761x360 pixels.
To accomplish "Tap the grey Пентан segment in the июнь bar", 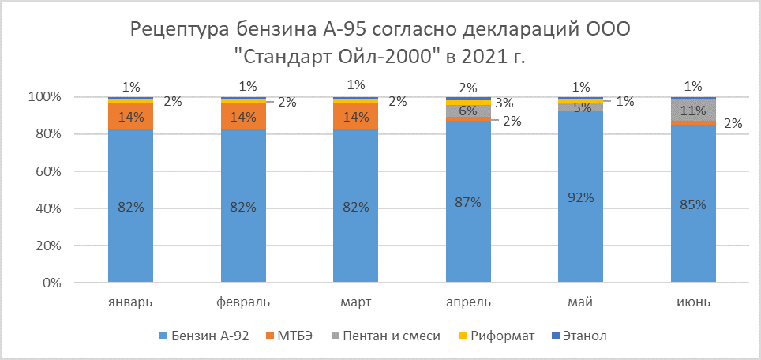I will tap(693, 111).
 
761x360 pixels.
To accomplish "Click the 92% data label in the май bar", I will tap(580, 197).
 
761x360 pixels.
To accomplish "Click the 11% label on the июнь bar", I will tap(693, 111).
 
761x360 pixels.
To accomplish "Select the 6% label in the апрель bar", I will tap(467, 111).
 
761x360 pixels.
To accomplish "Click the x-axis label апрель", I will tap(467, 302).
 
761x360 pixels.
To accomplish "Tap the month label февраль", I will tap(243, 302).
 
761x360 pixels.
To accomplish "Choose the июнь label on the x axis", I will tap(693, 302).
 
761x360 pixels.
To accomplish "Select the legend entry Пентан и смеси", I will tap(392, 336).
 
